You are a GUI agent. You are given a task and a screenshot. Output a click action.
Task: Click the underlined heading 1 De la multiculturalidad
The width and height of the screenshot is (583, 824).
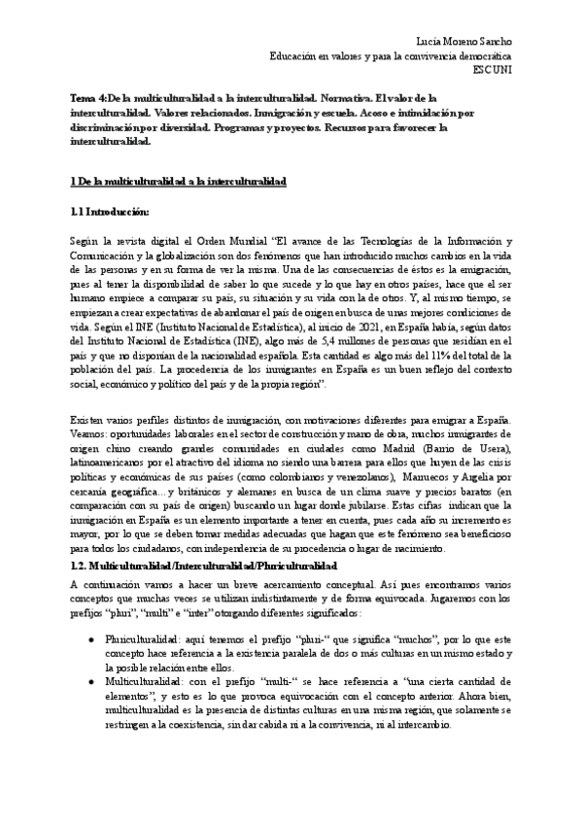(177, 182)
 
